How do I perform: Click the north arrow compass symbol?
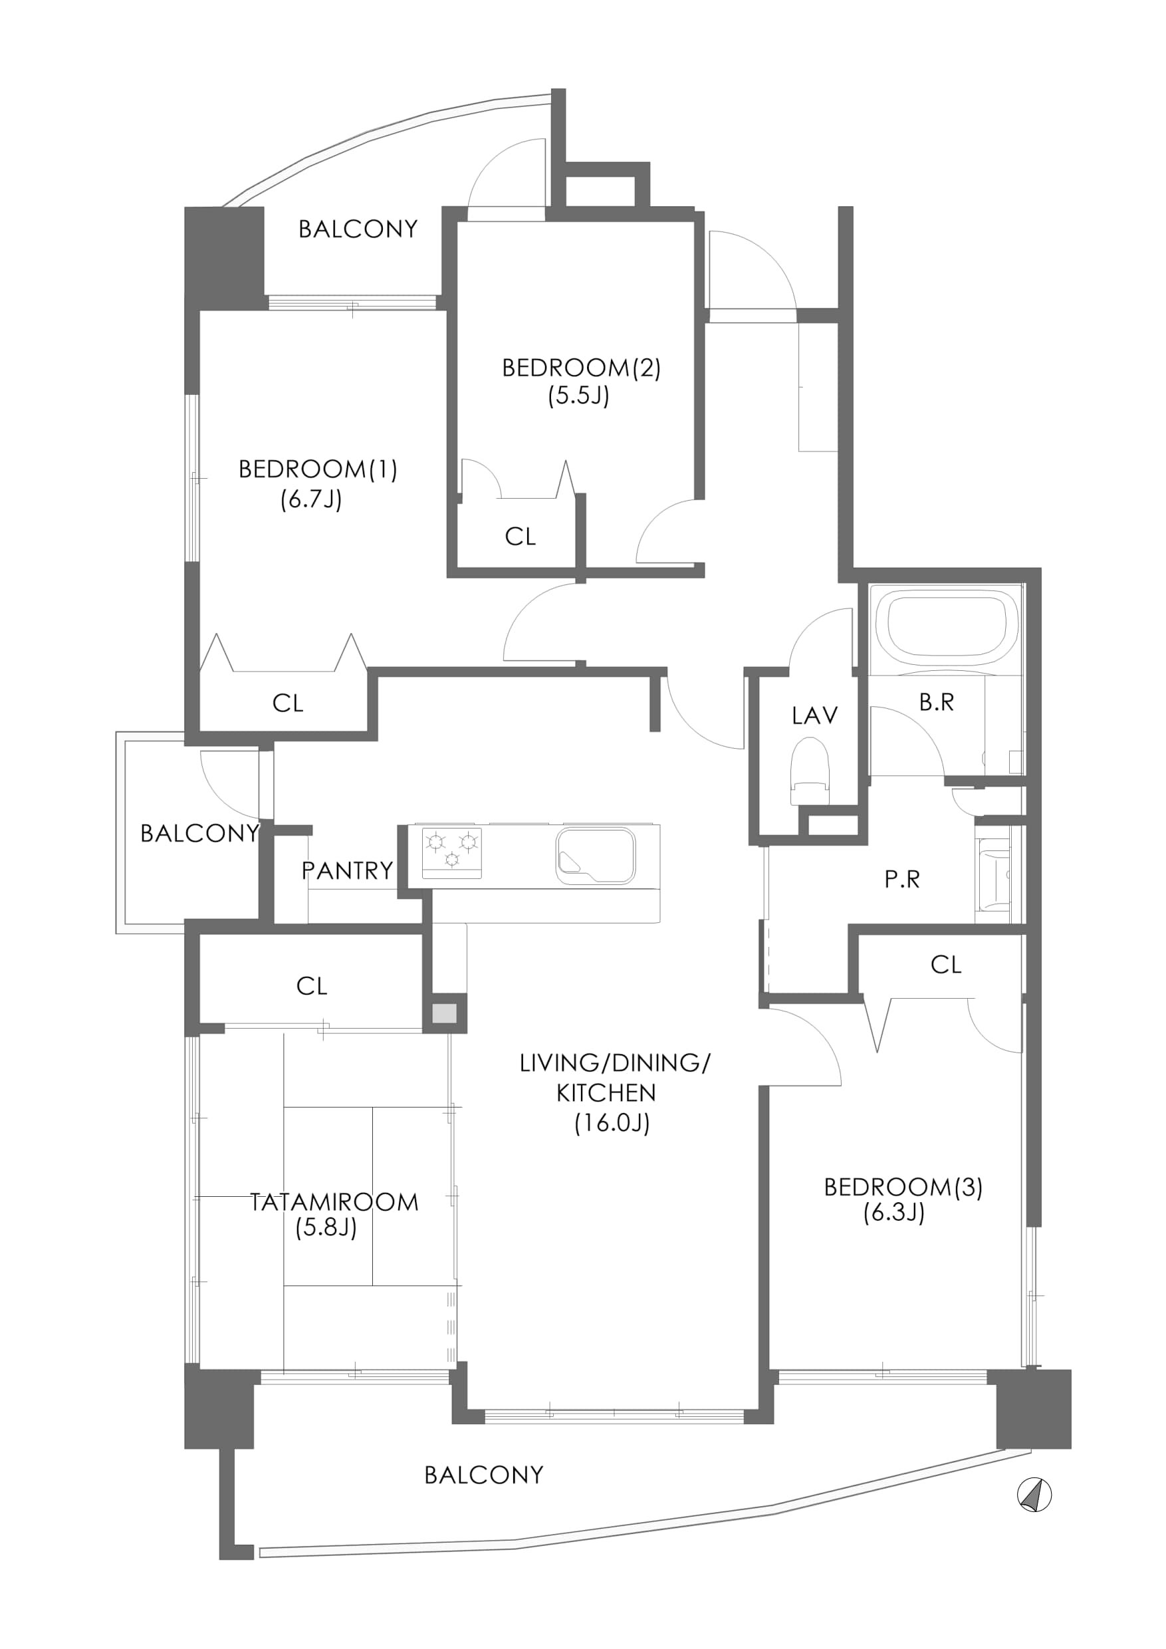[x=1034, y=1496]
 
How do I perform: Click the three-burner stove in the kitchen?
[x=451, y=852]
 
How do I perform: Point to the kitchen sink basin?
[x=595, y=856]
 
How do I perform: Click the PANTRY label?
[x=348, y=870]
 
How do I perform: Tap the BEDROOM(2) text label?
[x=581, y=368]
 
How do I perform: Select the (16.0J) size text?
[x=612, y=1122]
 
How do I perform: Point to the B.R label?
[x=937, y=702]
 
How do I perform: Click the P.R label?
[x=902, y=879]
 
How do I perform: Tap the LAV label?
[x=815, y=715]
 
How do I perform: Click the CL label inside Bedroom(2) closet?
[x=521, y=537]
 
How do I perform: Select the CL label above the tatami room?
[x=312, y=986]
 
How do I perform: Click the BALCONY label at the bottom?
[x=484, y=1475]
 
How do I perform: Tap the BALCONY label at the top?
[x=358, y=229]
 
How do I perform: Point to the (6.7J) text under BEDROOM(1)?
[x=311, y=499]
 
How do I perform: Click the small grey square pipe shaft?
[x=445, y=1013]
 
